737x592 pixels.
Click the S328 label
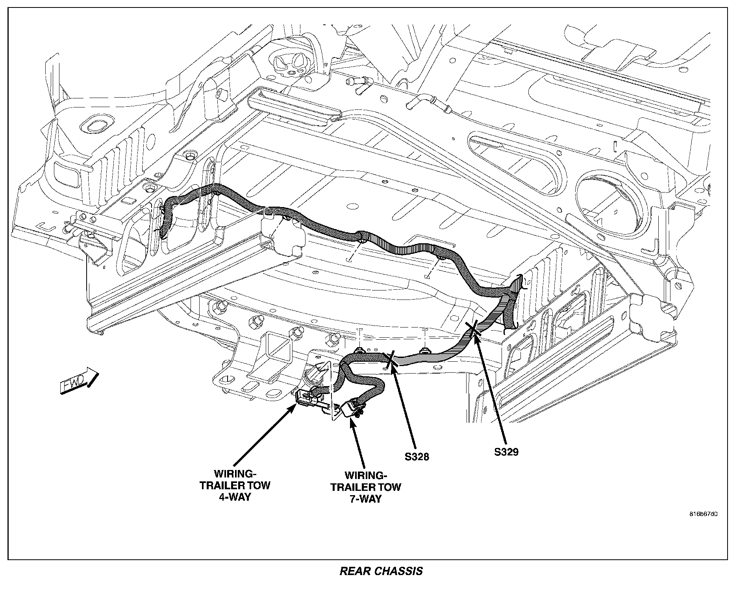417,457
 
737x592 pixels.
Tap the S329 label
506,451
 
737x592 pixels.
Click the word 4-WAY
235,497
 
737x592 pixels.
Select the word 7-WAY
366,499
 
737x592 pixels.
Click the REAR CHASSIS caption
381,571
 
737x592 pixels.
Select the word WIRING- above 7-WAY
366,475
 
